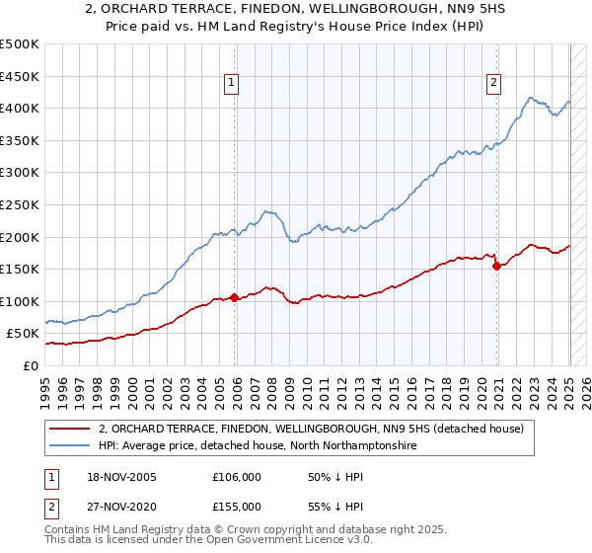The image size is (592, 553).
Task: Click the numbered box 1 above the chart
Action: pyautogui.click(x=231, y=83)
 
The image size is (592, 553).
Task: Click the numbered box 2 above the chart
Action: pyautogui.click(x=492, y=83)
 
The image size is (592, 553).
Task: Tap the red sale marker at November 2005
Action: pyautogui.click(x=234, y=296)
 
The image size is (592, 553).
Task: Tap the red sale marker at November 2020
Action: pyautogui.click(x=496, y=265)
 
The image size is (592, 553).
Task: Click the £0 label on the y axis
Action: pyautogui.click(x=31, y=365)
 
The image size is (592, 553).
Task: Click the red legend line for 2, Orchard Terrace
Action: pyautogui.click(x=70, y=429)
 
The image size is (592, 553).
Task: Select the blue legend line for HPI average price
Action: pyautogui.click(x=70, y=446)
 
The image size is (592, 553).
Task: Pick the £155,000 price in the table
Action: pyautogui.click(x=237, y=506)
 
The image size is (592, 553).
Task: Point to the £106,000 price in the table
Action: pyautogui.click(x=237, y=477)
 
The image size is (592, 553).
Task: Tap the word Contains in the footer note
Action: pyautogui.click(x=69, y=529)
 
